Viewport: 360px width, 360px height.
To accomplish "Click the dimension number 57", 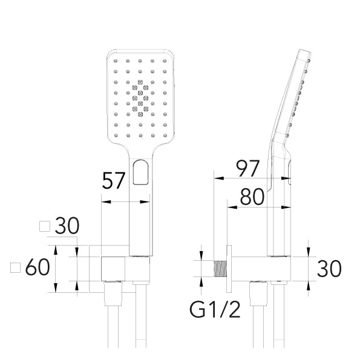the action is (x=113, y=180).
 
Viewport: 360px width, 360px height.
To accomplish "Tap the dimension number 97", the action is (x=248, y=169).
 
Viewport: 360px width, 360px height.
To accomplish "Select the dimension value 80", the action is (x=252, y=197).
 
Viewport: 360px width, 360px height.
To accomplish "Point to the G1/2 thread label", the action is (x=215, y=310).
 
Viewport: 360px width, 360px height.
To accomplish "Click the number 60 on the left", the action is (x=38, y=267).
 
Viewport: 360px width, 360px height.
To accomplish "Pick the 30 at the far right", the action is (x=329, y=268).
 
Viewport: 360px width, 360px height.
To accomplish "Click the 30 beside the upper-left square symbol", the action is (x=67, y=226).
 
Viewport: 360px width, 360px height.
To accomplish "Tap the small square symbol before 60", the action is (x=15, y=267).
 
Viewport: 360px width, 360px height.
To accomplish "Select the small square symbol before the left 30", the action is (x=45, y=226).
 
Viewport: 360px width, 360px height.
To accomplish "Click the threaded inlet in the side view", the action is (x=220, y=269).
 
